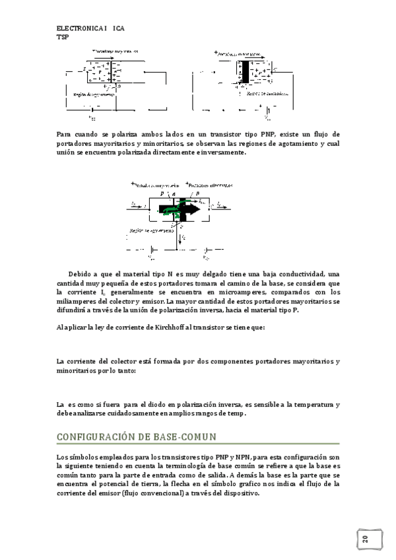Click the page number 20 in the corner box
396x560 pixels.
click(365, 540)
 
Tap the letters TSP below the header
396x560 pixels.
click(63, 38)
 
